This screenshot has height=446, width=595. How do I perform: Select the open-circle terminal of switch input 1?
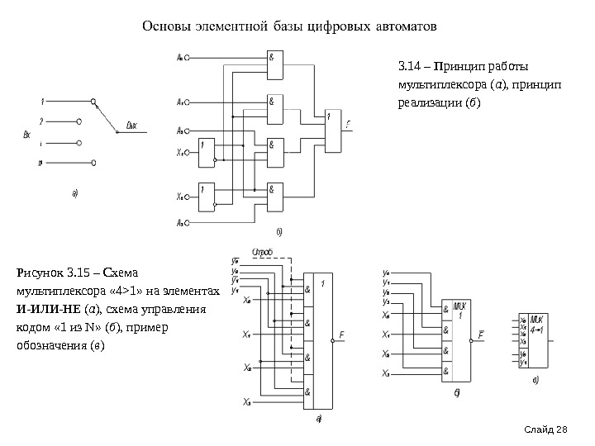tap(80, 103)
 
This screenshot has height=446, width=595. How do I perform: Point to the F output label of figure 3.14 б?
tap(349, 123)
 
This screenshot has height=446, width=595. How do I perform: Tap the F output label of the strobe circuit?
tap(340, 335)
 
